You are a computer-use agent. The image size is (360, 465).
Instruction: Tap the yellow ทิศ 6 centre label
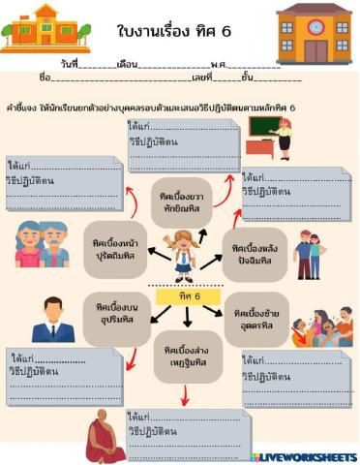[182, 294]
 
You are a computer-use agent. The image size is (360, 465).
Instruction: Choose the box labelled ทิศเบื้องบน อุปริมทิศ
[115, 316]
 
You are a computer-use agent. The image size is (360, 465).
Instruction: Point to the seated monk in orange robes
[104, 436]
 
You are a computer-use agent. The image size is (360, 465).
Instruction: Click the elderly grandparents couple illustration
[44, 243]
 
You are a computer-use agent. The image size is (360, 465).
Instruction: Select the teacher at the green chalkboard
[272, 137]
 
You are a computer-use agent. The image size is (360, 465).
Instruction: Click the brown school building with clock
[315, 33]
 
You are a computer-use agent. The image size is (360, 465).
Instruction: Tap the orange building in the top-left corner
[45, 27]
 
